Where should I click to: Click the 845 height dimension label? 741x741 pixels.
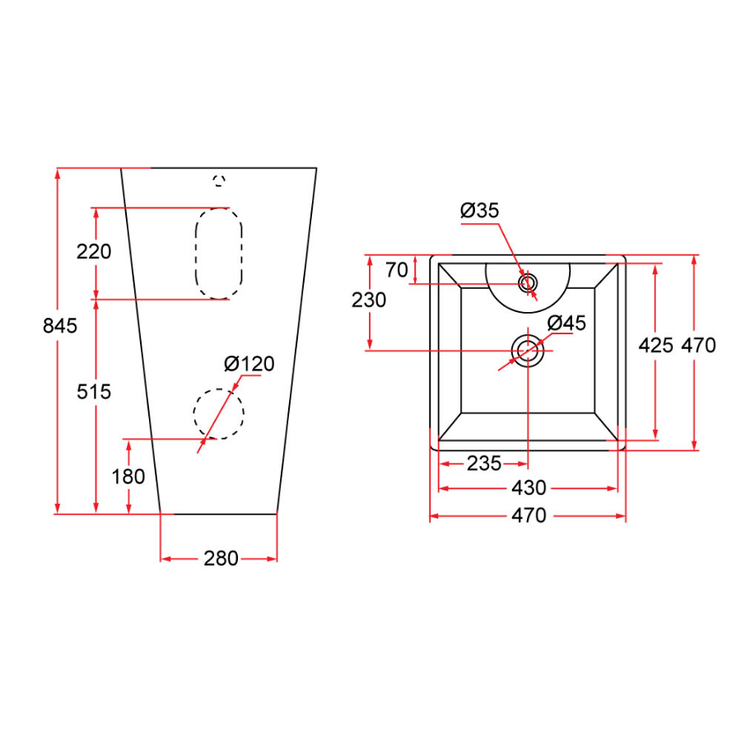coord(60,326)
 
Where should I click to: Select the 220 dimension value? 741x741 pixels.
coord(93,252)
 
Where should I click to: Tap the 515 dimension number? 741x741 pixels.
coord(93,392)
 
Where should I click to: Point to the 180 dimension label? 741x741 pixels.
coord(128,477)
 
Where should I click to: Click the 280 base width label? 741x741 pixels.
coord(220,559)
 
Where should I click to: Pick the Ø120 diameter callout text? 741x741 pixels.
coord(249,364)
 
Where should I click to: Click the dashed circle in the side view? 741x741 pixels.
coord(219,413)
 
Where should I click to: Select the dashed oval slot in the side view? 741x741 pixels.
coord(219,253)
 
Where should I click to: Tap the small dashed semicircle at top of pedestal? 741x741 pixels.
coord(219,180)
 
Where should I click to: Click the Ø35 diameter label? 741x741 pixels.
coord(480,211)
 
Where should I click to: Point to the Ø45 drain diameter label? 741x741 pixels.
coord(566,324)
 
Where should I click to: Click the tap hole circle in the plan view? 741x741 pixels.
coord(528,284)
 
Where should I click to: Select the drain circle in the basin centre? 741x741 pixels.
coord(528,351)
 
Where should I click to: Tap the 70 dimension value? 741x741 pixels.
coord(397,270)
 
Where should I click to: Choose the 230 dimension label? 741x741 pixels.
coord(369,301)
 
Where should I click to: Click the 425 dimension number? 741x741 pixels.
coord(656,345)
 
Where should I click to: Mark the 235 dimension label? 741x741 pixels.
coord(484,464)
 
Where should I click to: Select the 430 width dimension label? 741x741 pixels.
coord(529,488)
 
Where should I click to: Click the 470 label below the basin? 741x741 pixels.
coord(529,516)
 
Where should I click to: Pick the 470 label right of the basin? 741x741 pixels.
coord(699,345)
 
